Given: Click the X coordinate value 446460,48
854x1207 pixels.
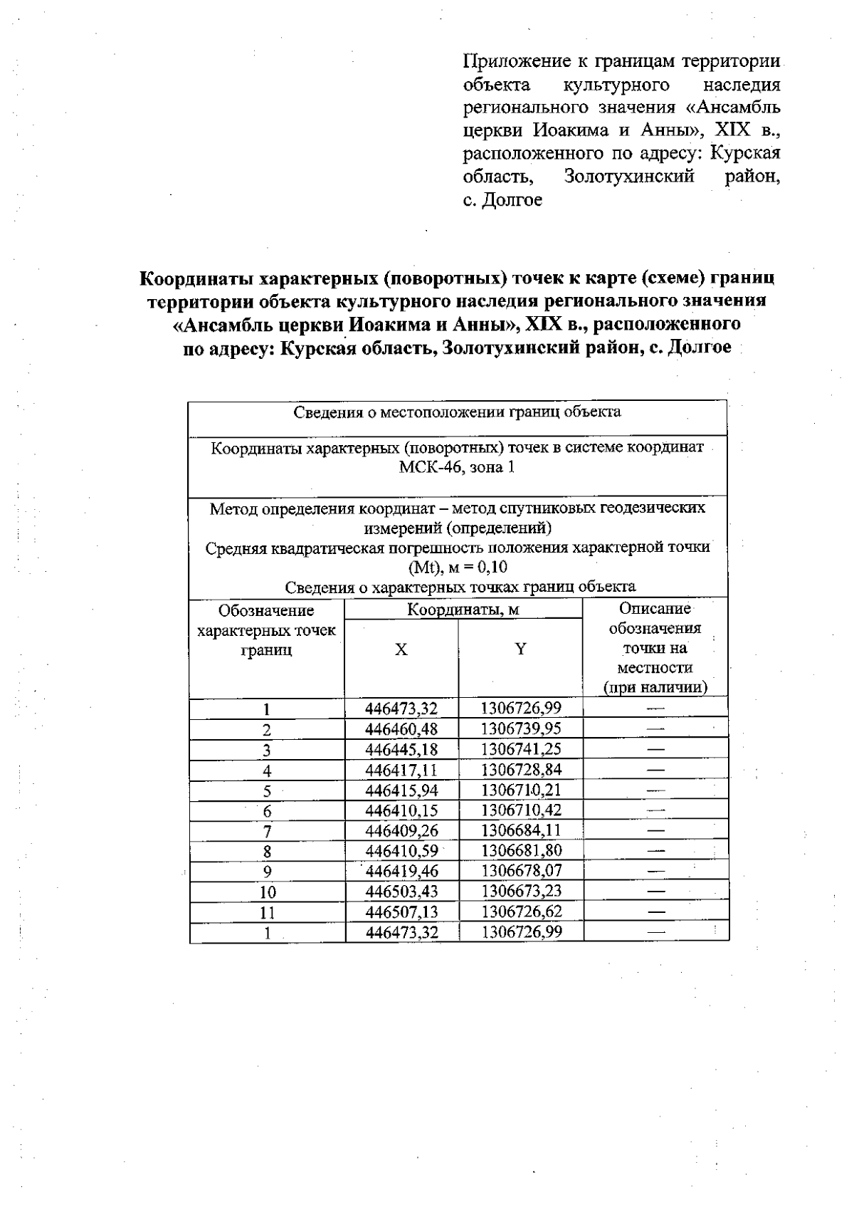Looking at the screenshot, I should click(x=401, y=729).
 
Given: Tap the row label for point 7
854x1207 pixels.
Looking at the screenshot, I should click(x=267, y=831).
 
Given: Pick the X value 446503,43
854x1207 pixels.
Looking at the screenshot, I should click(x=401, y=892).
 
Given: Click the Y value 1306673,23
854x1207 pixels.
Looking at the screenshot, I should click(x=521, y=892).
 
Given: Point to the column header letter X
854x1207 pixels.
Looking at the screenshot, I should click(x=401, y=649).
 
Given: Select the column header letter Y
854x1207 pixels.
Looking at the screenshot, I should click(x=521, y=649).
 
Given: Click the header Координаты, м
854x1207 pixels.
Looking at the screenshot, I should click(x=463, y=610).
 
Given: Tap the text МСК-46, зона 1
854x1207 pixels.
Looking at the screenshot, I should click(x=457, y=467).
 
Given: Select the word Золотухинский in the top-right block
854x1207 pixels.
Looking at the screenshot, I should click(x=628, y=177).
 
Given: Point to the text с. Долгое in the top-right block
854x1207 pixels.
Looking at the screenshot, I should click(x=502, y=200).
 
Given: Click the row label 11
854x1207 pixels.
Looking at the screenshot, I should click(x=267, y=912).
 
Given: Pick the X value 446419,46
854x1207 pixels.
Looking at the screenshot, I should click(x=401, y=872).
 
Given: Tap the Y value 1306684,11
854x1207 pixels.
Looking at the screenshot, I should click(x=521, y=830).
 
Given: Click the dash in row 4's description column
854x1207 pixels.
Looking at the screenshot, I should click(x=655, y=770).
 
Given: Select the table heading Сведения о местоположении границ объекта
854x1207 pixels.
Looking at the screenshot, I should click(x=457, y=412).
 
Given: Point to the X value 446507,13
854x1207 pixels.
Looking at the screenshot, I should click(x=401, y=912).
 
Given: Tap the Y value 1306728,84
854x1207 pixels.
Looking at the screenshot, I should click(x=521, y=770).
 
